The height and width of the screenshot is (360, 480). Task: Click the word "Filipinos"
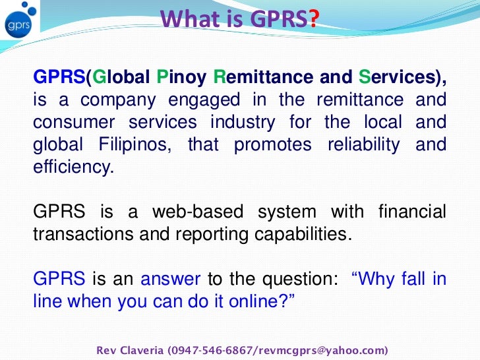click(x=136, y=144)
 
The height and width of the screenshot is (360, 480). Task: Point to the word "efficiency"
click(x=73, y=167)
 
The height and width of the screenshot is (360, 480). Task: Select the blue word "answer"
click(x=171, y=278)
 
